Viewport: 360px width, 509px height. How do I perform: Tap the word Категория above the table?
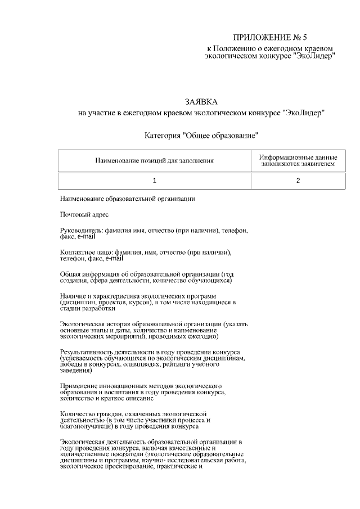point(163,136)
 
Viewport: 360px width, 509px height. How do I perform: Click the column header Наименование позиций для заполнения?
point(155,161)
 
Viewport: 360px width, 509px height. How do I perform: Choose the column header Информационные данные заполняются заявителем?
point(298,161)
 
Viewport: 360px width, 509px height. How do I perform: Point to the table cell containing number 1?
point(155,181)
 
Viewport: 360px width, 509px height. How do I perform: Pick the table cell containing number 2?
point(298,181)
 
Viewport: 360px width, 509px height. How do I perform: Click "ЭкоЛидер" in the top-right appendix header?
point(314,56)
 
